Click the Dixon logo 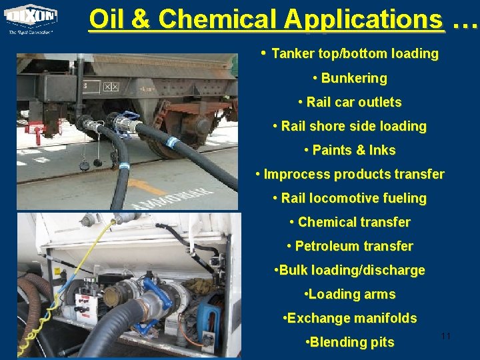coord(31,18)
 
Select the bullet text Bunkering coord(353,78)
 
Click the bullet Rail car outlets coord(353,102)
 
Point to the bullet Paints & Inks coord(353,150)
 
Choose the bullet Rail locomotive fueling coord(353,198)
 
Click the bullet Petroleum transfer coord(353,246)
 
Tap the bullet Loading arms coord(353,294)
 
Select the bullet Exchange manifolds coord(353,318)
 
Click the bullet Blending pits coord(353,342)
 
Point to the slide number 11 coord(446,336)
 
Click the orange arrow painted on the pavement coord(147,186)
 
